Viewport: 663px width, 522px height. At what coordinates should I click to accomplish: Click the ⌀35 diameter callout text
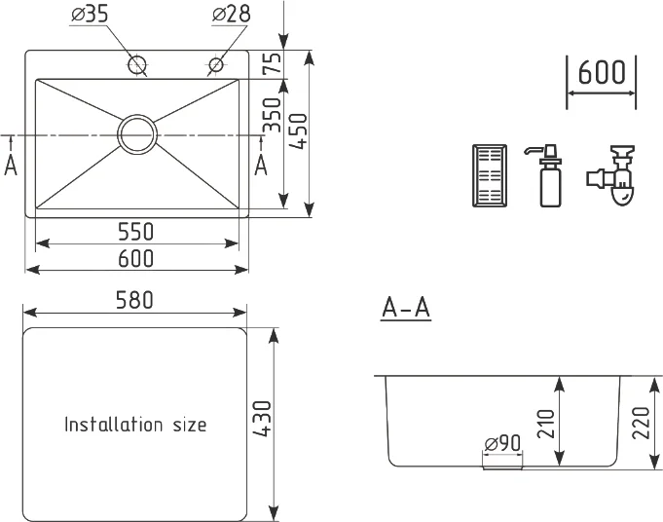pos(90,14)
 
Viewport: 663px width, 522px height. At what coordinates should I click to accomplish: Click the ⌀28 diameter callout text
pos(232,14)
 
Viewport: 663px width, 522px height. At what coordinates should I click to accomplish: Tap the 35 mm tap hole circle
pos(137,64)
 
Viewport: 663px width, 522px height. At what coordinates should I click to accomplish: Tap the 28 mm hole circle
pos(216,64)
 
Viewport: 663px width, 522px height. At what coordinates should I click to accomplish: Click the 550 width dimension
pos(135,232)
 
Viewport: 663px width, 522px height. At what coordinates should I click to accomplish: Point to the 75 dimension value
pos(273,62)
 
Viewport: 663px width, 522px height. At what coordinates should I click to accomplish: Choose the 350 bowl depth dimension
pos(272,115)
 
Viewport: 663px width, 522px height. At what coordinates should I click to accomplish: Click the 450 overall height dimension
pos(299,131)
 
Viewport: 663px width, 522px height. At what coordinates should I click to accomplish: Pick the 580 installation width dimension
pos(134,300)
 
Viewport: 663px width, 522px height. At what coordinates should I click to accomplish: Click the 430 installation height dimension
pos(263,419)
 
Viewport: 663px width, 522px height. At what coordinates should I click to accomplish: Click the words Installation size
pos(135,425)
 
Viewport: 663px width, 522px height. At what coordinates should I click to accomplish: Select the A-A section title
pos(406,308)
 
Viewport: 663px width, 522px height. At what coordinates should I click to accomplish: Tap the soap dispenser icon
pos(547,175)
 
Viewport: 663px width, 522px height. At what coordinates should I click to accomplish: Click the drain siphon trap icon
pos(611,175)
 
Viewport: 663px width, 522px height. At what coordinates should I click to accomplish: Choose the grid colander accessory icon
pos(490,175)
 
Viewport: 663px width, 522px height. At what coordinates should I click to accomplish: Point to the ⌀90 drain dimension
pos(502,443)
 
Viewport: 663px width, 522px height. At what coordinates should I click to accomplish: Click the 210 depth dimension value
pos(545,424)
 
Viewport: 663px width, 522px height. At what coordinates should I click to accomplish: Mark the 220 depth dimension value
pos(641,423)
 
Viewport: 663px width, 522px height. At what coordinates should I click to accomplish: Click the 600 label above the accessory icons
pos(601,72)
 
